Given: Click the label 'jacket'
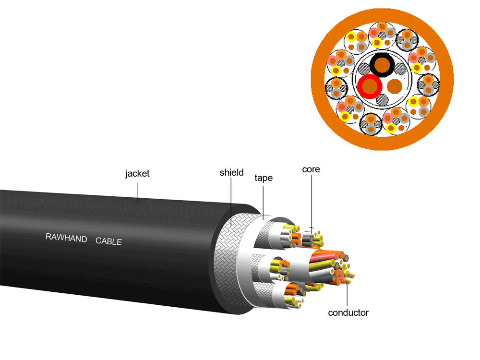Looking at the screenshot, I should (x=137, y=173).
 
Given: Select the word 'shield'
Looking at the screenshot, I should (x=231, y=172).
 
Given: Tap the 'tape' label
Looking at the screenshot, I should (x=264, y=178).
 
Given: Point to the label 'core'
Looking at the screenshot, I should (x=311, y=169).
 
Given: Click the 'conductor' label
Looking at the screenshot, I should (x=348, y=313).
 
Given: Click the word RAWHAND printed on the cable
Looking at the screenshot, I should (x=66, y=238).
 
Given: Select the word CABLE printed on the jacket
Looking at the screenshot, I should (x=109, y=241).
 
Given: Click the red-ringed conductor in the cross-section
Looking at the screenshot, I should (x=370, y=86).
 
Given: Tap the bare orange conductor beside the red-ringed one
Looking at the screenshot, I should (x=395, y=86).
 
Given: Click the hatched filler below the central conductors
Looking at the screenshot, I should (x=383, y=100).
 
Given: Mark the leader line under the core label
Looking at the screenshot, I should (x=311, y=202).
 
